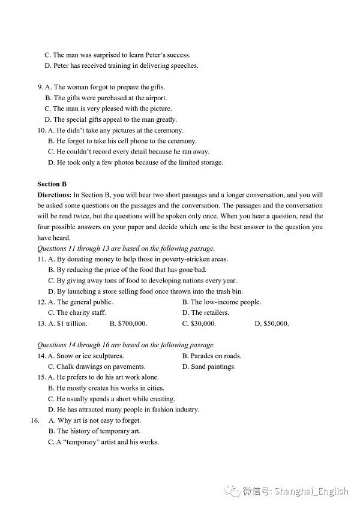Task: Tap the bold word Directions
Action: [x=54, y=195]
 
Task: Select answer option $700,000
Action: [x=128, y=323]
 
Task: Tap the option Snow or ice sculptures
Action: [x=85, y=356]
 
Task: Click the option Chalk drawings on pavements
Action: [x=97, y=366]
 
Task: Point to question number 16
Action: [x=34, y=420]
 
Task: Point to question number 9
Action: [x=40, y=87]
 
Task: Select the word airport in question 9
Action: [x=155, y=98]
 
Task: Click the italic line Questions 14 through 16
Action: [x=126, y=345]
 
